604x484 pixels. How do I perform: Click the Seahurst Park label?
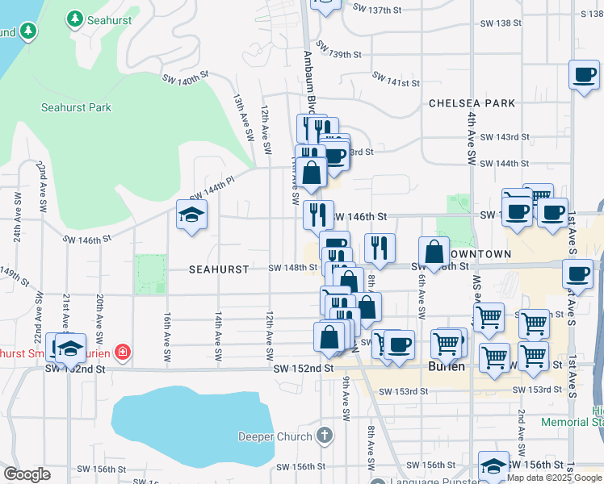click(x=76, y=107)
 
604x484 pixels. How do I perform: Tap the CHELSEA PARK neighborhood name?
click(x=472, y=103)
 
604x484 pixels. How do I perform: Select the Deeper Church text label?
click(x=275, y=437)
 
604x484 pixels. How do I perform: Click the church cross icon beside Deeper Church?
click(x=325, y=436)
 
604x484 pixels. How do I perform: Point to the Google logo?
click(x=27, y=474)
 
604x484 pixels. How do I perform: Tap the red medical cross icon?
click(x=122, y=352)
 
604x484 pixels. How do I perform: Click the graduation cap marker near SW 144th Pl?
click(x=192, y=215)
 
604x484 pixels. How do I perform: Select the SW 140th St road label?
click(x=186, y=79)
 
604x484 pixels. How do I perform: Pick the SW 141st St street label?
click(x=396, y=79)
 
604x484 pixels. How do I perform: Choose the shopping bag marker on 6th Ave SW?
click(x=434, y=252)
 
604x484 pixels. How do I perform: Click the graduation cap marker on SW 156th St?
click(x=493, y=466)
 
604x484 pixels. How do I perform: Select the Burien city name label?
click(x=446, y=366)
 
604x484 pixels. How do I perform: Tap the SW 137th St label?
click(x=377, y=7)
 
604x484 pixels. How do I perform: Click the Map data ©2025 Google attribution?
click(x=554, y=478)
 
